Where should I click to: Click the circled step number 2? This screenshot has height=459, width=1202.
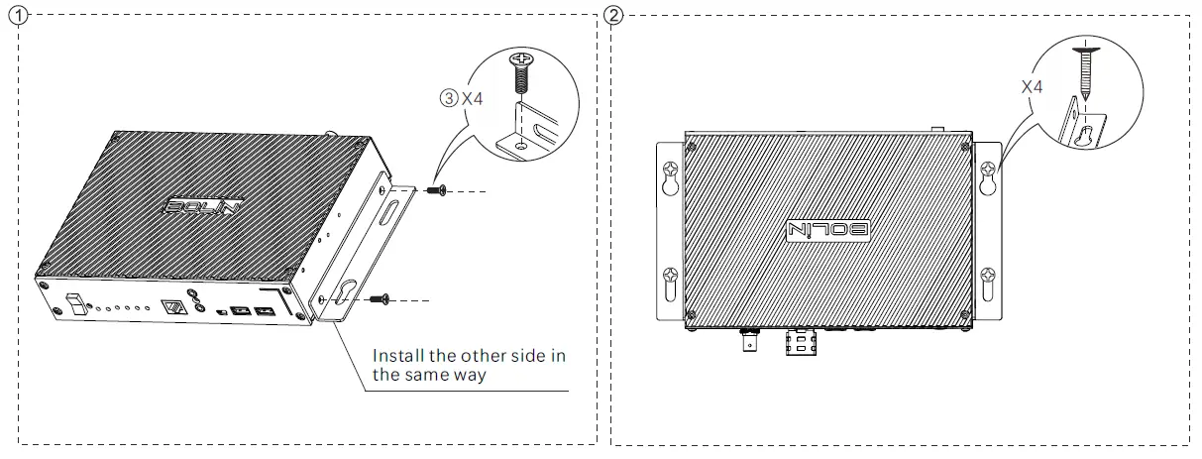pos(615,16)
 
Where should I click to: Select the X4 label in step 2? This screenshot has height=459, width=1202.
pos(1032,87)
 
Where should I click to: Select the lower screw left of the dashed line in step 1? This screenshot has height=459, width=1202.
pos(380,297)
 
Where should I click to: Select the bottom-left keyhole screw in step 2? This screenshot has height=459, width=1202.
pos(670,280)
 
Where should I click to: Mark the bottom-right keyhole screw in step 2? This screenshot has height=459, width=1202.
pos(987,280)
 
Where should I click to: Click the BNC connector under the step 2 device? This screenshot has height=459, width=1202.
pos(746,346)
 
